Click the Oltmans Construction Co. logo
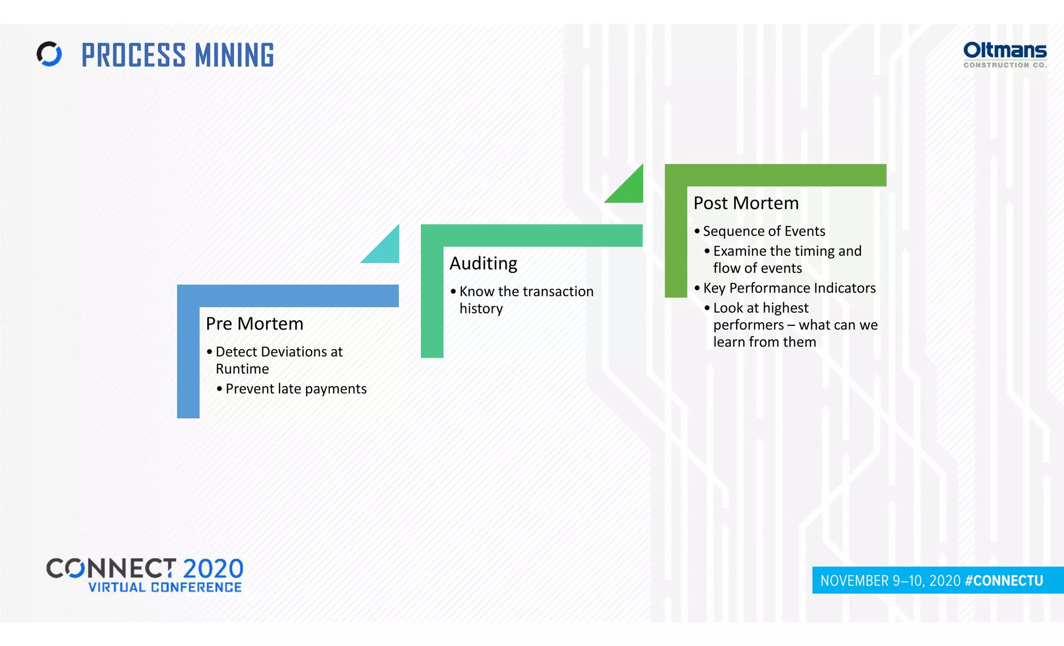(x=1005, y=55)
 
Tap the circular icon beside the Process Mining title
(x=49, y=54)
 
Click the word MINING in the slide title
(x=234, y=55)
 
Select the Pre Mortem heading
(x=254, y=324)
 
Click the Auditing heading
(x=483, y=263)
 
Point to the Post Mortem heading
(x=746, y=203)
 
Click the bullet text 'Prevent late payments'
(x=296, y=389)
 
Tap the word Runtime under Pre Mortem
(x=242, y=369)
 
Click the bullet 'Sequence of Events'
(x=764, y=231)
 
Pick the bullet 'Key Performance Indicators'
(x=789, y=288)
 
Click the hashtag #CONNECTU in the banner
(x=1004, y=581)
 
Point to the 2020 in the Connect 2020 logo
(x=212, y=569)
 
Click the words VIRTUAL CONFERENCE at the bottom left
(x=165, y=587)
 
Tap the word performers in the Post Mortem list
(x=748, y=325)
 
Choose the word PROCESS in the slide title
(x=134, y=55)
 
